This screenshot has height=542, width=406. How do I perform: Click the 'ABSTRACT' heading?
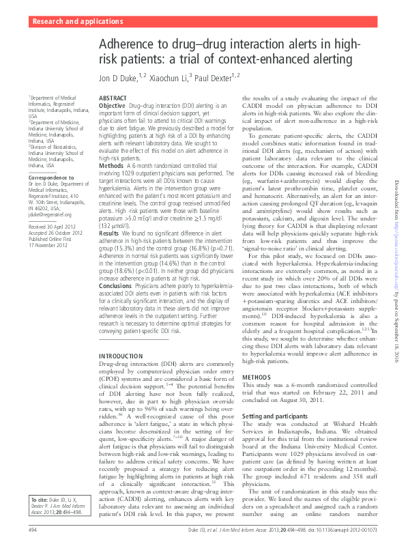coord(113,99)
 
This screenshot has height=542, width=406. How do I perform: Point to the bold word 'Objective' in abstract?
coord(112,106)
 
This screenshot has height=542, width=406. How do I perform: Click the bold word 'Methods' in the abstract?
coord(111,166)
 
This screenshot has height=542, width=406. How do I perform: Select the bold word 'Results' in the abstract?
coord(110,233)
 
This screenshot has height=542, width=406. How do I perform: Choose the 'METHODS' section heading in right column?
coord(257,377)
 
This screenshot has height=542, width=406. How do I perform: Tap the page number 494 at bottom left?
coord(32,530)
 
